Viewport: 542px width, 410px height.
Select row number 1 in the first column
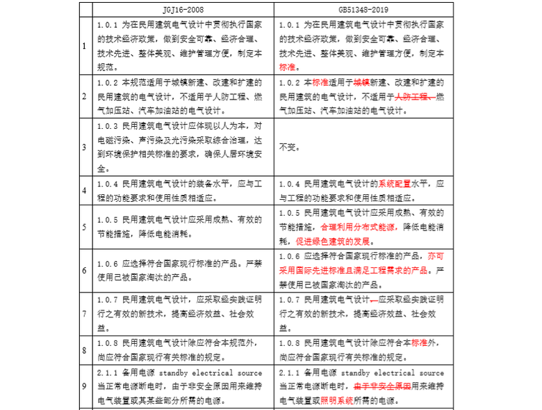click(85, 47)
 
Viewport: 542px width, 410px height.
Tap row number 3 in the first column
click(85, 148)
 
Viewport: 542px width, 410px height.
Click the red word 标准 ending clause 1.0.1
click(288, 68)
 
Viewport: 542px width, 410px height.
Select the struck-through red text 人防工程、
click(415, 95)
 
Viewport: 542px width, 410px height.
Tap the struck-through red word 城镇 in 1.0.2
click(361, 81)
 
